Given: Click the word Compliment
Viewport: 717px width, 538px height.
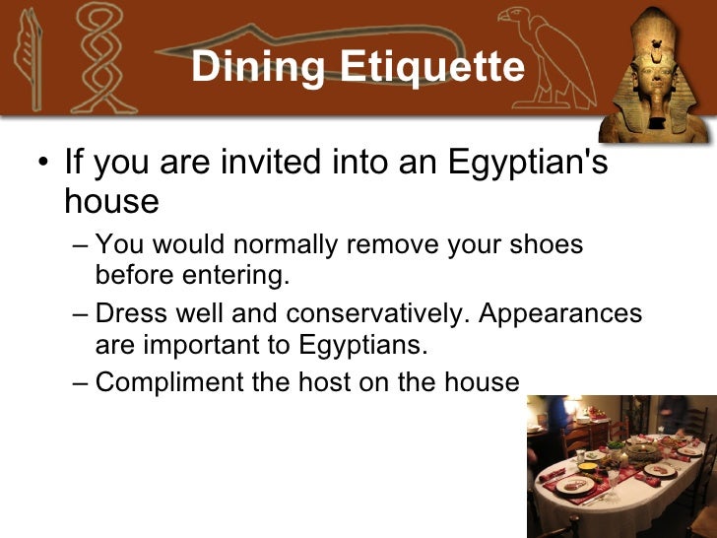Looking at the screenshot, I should pyautogui.click(x=168, y=382).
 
